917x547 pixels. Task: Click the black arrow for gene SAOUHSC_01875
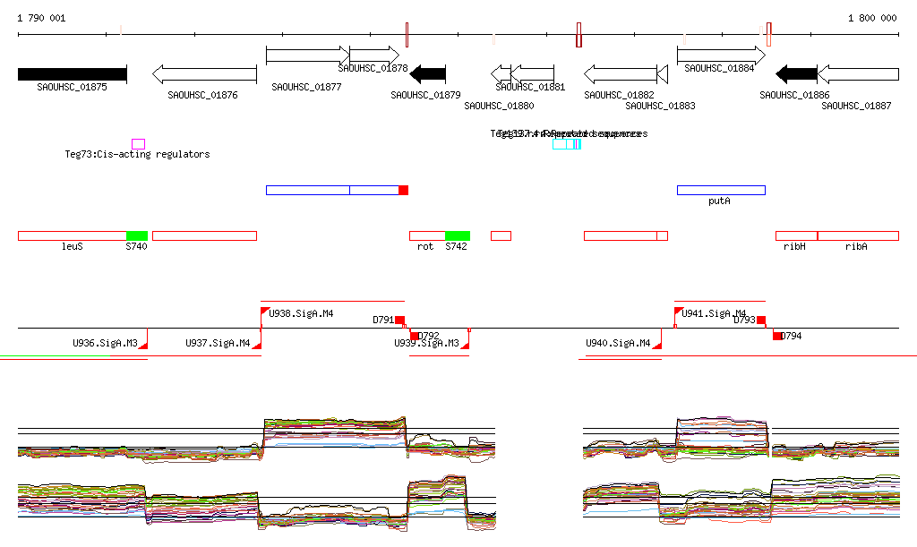pos(72,73)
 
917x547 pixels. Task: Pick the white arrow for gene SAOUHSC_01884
pos(720,55)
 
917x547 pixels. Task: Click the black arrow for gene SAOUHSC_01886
pos(796,73)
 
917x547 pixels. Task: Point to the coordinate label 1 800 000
pos(871,18)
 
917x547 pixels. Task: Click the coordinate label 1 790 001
pos(41,18)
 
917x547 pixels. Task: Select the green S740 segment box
pos(137,235)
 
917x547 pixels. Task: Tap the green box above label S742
pos(458,235)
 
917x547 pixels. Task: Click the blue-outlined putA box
pos(721,190)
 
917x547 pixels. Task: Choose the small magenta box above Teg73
pos(138,143)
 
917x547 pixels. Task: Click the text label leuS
pos(72,246)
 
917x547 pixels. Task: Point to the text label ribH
pos(794,246)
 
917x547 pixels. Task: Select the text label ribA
pos(856,246)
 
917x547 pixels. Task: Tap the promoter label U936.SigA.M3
pos(105,343)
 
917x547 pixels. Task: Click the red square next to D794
pos(777,336)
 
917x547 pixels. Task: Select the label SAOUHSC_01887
pos(856,106)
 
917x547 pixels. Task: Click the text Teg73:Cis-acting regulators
pos(137,154)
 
